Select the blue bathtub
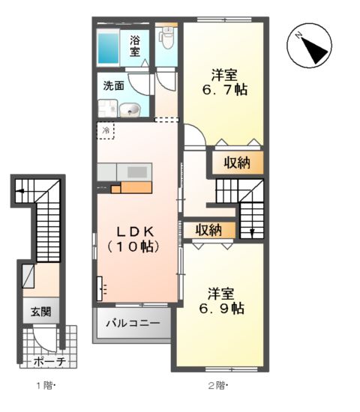[x=110, y=46]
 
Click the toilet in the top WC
[x=166, y=34]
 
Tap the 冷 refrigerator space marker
[x=106, y=131]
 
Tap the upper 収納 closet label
[x=237, y=163]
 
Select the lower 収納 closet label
[x=208, y=230]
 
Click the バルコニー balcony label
[x=132, y=324]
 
